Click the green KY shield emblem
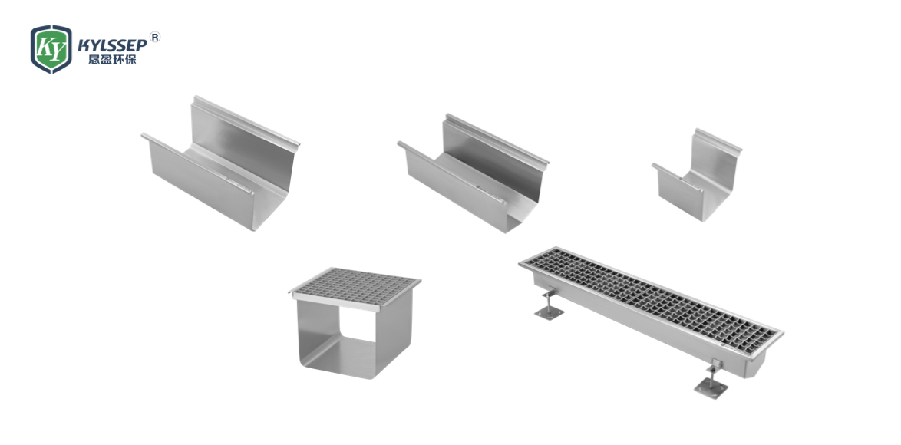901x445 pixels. tap(51, 49)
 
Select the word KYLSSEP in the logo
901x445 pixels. tap(112, 45)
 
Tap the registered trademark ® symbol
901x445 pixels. tap(154, 38)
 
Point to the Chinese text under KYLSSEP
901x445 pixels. tap(112, 59)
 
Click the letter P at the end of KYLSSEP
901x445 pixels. tap(141, 45)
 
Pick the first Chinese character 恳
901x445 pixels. tap(94, 59)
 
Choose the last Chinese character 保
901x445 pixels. tap(130, 59)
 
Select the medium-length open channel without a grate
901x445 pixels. tap(473, 173)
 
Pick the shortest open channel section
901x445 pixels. tap(697, 175)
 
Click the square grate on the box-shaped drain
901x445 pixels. tap(355, 287)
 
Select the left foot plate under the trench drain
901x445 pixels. tap(549, 311)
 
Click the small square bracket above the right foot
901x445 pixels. tap(716, 364)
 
